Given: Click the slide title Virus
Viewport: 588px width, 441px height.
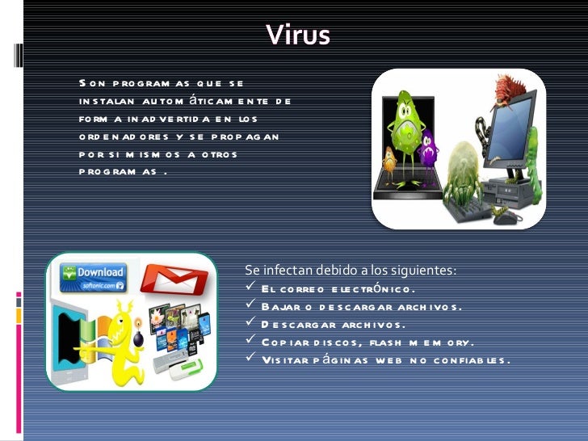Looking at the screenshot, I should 298,35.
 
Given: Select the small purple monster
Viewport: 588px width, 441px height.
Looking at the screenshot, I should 429,149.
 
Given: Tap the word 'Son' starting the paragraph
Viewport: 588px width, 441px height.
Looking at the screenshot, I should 93,83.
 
